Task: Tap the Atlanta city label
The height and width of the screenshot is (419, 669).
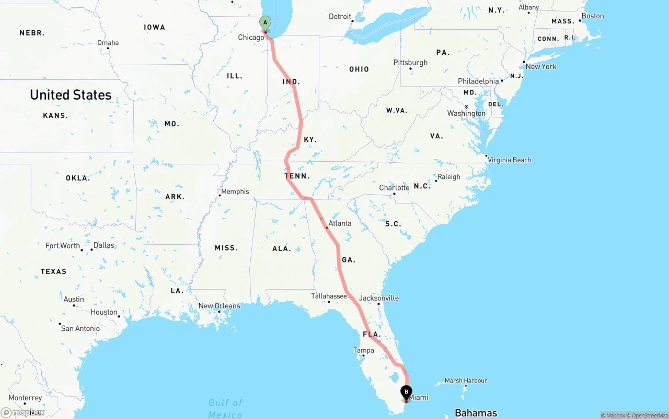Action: click(340, 223)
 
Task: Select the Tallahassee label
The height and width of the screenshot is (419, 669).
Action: click(329, 296)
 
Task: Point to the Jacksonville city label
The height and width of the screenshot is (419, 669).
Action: click(379, 298)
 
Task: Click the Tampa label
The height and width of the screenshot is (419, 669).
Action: click(364, 350)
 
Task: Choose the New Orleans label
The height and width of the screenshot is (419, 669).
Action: click(219, 306)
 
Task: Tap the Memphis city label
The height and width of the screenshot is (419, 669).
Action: click(235, 191)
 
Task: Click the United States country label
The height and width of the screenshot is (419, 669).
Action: click(71, 95)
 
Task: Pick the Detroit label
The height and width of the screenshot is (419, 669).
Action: click(340, 17)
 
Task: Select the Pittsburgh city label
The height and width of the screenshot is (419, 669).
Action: click(410, 63)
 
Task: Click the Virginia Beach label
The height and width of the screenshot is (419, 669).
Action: click(509, 160)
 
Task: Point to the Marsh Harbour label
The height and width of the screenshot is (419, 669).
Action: click(466, 381)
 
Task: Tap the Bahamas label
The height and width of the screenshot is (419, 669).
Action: click(476, 413)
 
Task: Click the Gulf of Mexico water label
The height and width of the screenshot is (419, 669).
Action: click(225, 408)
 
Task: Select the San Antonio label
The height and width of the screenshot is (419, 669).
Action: click(80, 329)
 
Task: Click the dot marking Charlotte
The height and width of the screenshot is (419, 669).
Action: click(394, 194)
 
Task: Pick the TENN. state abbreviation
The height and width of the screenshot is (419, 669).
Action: click(297, 176)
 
